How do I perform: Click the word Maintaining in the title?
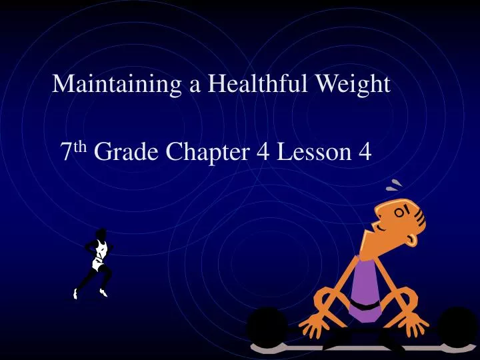click(110, 84)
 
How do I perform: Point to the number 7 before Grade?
click(66, 153)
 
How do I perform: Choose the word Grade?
click(127, 153)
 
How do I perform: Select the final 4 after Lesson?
click(364, 153)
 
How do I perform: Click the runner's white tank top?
click(100, 251)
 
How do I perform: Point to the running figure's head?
click(101, 233)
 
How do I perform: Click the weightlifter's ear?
click(420, 217)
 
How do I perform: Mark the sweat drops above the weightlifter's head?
click(397, 185)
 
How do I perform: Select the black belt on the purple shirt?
click(365, 305)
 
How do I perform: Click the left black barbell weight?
click(267, 327)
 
